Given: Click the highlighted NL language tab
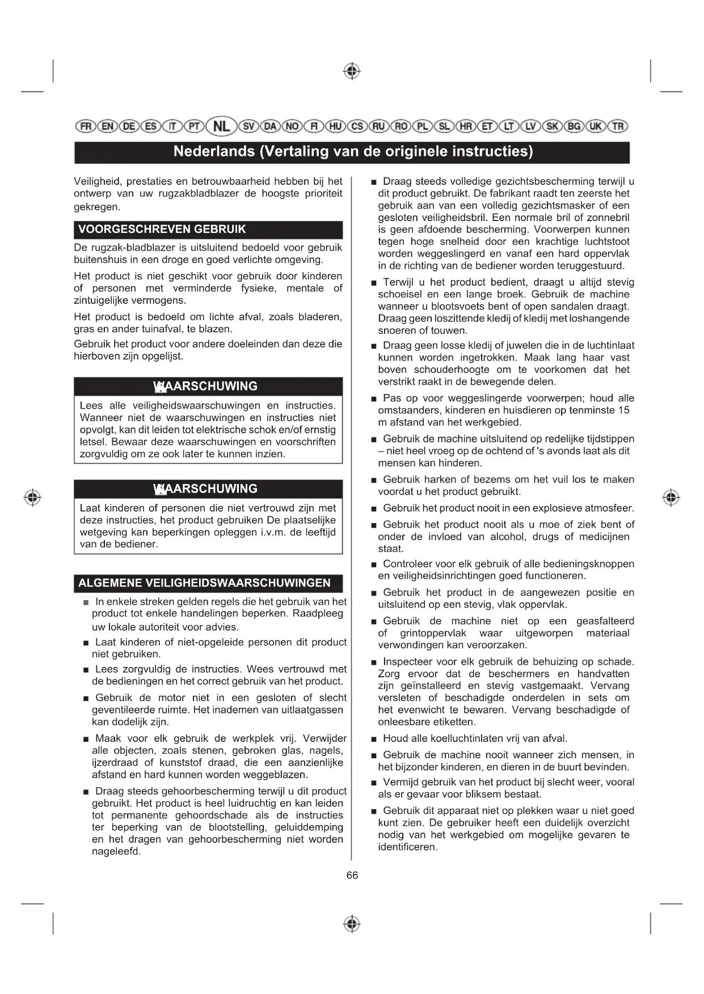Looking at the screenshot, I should point(221,126).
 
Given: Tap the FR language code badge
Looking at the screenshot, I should point(86,126).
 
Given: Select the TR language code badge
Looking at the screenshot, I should point(618,126).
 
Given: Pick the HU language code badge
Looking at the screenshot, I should point(336,126).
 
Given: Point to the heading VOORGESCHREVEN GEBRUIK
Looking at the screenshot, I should point(162,230).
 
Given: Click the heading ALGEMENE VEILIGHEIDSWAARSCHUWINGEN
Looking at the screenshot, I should point(204,583).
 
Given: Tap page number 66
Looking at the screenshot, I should point(352,876).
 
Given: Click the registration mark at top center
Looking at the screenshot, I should point(352,71).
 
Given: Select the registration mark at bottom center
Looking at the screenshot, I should point(352,924).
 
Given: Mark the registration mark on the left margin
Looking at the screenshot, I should point(33,498).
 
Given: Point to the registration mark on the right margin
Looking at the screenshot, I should point(671,498).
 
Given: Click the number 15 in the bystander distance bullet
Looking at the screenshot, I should point(623,410).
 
